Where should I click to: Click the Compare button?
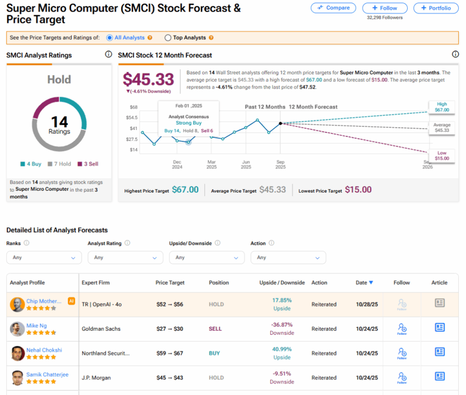click(333, 8)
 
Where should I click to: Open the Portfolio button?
click(436, 8)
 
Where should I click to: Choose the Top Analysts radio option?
click(168, 38)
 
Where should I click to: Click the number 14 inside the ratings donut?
click(59, 122)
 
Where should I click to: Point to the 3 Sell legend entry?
click(88, 164)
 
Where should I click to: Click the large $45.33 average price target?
click(148, 80)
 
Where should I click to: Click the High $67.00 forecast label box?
click(442, 108)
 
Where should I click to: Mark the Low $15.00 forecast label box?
click(442, 155)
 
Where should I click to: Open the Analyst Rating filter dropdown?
click(125, 257)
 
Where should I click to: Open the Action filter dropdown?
click(288, 257)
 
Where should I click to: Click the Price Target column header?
click(170, 283)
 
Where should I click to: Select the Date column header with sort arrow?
click(365, 283)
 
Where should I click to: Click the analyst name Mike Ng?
click(36, 326)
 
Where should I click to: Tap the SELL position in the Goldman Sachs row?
click(216, 329)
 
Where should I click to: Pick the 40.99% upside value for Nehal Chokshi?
click(282, 349)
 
